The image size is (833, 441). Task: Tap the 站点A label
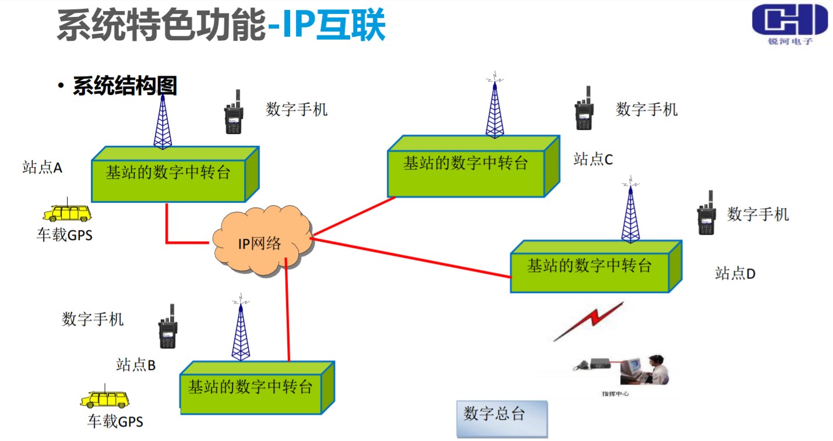[43, 168]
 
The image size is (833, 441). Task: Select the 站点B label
[136, 365]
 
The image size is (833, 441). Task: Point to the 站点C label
[593, 158]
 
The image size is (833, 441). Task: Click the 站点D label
[735, 273]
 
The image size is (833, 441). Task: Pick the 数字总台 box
[502, 418]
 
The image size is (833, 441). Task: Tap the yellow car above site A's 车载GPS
[68, 213]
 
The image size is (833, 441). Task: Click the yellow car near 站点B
[105, 399]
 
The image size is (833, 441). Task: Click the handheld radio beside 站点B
[168, 327]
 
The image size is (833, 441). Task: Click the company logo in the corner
[789, 24]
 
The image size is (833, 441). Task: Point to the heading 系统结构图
[125, 86]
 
